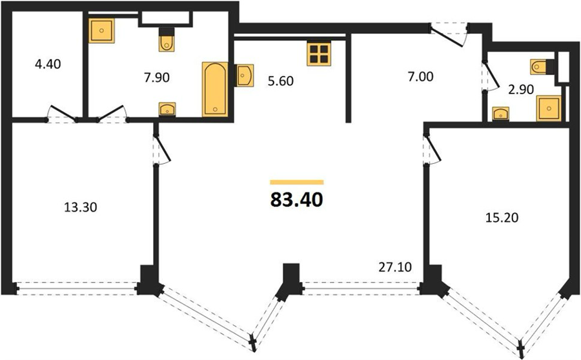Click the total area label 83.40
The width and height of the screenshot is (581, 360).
tap(297, 200)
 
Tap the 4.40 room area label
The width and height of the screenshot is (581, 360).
tap(47, 65)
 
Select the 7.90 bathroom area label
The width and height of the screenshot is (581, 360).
tap(156, 77)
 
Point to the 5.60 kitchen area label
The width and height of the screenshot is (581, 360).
tap(281, 81)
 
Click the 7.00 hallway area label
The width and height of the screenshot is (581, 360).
tap(420, 77)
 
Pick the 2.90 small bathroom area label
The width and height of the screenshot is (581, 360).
tap(520, 90)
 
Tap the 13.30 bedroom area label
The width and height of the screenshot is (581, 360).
tap(81, 207)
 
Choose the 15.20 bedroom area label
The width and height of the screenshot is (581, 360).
tap(502, 218)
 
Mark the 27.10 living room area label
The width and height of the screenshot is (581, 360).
tap(395, 267)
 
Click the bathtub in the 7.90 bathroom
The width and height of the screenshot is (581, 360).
tap(215, 90)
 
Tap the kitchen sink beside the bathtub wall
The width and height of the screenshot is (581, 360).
tap(245, 75)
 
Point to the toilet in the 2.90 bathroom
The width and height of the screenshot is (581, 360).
tap(542, 66)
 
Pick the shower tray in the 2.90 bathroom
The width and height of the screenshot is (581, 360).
tap(549, 108)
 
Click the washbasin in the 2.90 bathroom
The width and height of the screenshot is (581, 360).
tap(500, 114)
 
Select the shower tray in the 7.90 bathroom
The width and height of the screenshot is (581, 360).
tap(101, 30)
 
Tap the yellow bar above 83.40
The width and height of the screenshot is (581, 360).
tap(297, 182)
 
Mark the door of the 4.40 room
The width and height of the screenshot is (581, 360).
tap(62, 114)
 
